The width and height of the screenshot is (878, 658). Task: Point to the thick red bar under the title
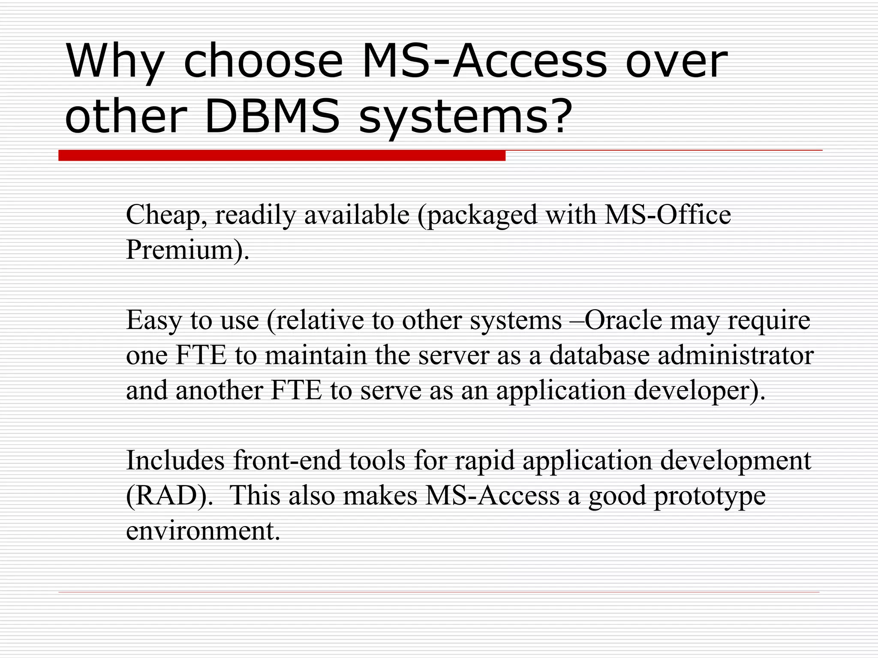pyautogui.click(x=282, y=156)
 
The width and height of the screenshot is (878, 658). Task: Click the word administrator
pyautogui.click(x=736, y=355)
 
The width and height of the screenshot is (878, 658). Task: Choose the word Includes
pyautogui.click(x=175, y=461)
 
